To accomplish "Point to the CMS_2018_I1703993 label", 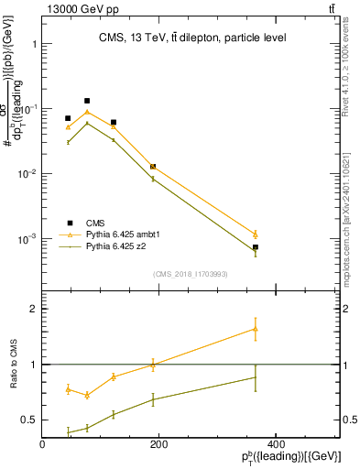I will click(x=191, y=273).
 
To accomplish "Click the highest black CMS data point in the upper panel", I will click(x=87, y=101).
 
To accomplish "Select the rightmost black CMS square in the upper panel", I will click(x=256, y=247).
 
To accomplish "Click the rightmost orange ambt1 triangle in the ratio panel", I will click(x=256, y=329).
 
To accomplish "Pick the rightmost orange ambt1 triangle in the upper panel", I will click(x=256, y=234).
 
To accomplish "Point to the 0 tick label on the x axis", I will click(x=43, y=444).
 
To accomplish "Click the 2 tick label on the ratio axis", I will click(x=32, y=309).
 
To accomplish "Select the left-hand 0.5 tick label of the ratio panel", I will click(x=26, y=420).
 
